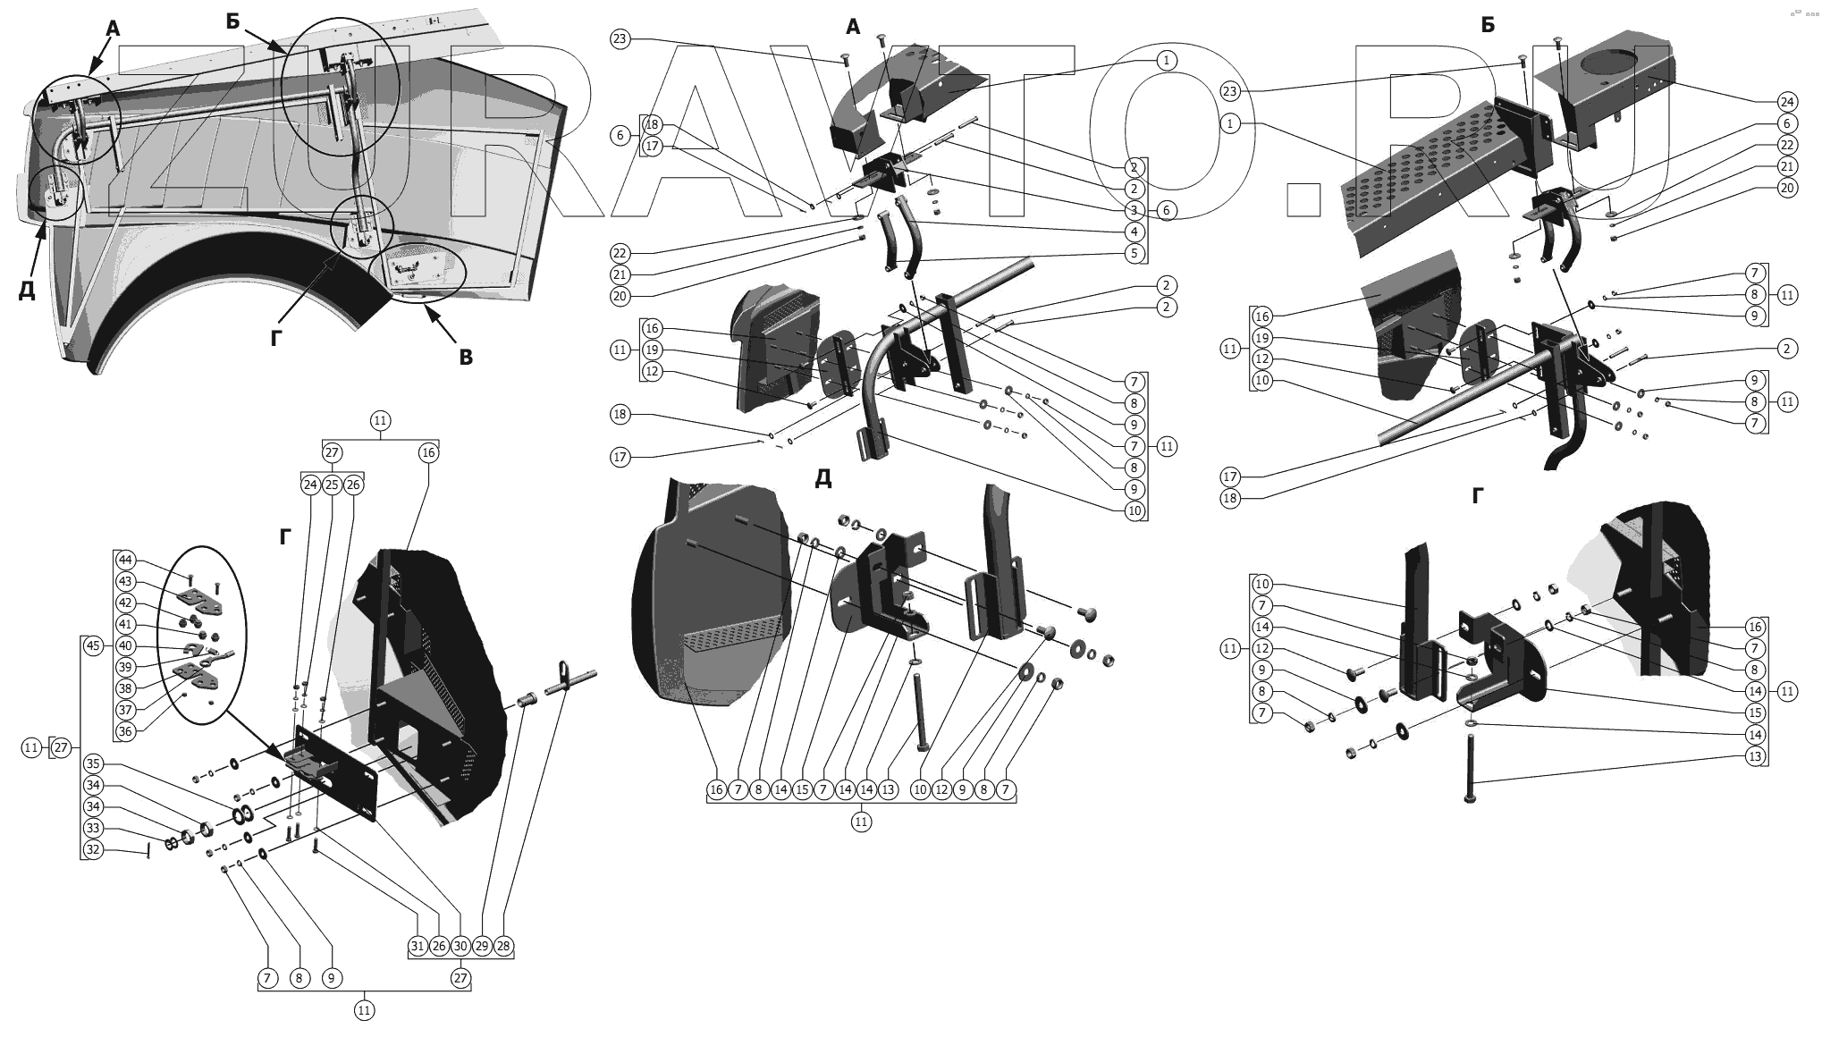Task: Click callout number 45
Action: click(x=93, y=645)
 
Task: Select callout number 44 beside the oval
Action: click(x=125, y=561)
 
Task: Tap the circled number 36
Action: click(x=125, y=731)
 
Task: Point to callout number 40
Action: click(x=125, y=646)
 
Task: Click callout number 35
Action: click(x=93, y=764)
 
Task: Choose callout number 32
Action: click(x=93, y=849)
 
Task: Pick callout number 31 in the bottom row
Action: click(x=418, y=946)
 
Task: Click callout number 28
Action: click(x=503, y=946)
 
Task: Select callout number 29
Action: click(x=482, y=946)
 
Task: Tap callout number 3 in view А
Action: click(x=1135, y=210)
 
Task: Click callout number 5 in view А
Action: click(x=1135, y=253)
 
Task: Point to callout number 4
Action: click(x=1135, y=232)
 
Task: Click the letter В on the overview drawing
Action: click(x=465, y=358)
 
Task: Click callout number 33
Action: click(x=93, y=828)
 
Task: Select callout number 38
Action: click(x=125, y=688)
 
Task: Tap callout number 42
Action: click(x=125, y=603)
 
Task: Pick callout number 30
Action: click(x=460, y=946)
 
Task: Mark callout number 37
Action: click(x=125, y=710)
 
